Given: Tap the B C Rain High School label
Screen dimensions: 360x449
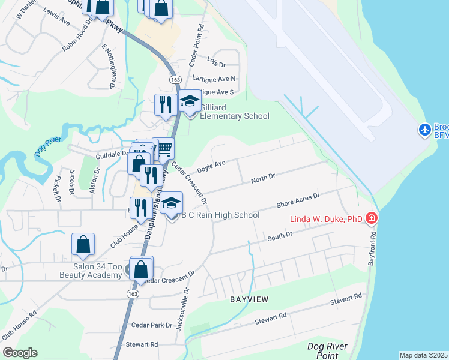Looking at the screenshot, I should click(220, 215).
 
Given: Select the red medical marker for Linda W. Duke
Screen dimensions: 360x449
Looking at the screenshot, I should click(372, 218).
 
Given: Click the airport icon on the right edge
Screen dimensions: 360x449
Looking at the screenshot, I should click(425, 130).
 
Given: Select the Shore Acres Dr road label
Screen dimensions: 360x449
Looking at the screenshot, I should click(298, 200).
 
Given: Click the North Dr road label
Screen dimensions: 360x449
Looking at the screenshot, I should click(262, 178).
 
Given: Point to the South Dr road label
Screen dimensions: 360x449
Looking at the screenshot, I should click(279, 238).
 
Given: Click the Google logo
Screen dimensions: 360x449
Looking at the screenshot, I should click(20, 353).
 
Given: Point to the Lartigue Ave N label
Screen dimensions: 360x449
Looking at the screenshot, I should click(214, 79).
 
